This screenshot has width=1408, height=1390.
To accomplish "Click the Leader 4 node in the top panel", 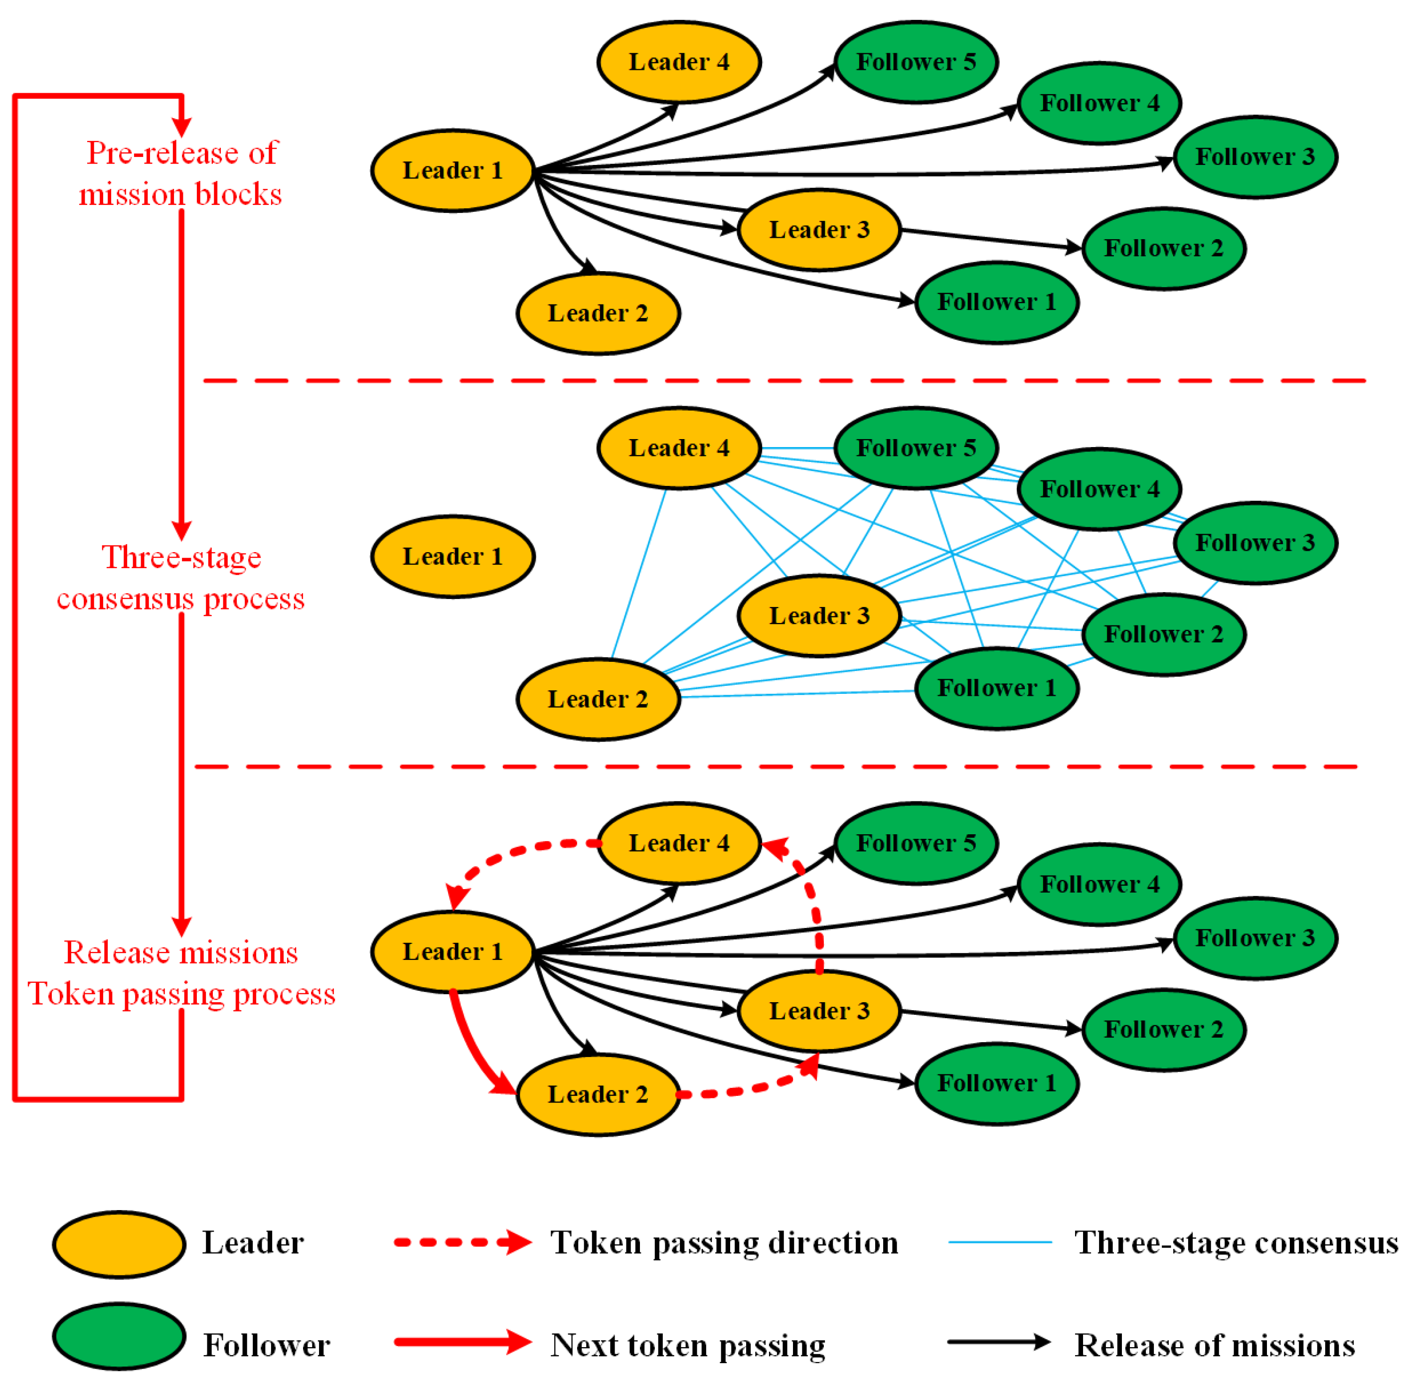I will pos(678,62).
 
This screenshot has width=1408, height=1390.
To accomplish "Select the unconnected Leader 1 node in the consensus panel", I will pos(453,557).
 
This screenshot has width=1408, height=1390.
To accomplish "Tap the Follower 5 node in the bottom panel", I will pos(916,843).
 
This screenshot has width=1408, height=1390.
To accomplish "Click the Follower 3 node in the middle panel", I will pos(1255,543).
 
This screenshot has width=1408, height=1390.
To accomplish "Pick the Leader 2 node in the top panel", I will pos(598,313).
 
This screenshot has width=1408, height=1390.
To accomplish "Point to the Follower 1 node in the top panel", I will pos(996,302).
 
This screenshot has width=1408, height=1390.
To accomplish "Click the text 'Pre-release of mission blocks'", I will pos(181,173).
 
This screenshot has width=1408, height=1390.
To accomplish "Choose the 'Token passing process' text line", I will pos(181,993).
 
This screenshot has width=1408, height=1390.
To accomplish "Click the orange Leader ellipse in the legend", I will pos(119,1243).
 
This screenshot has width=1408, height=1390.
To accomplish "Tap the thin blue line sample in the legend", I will pos(999,1242).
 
